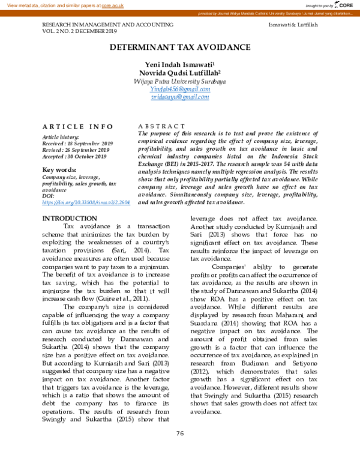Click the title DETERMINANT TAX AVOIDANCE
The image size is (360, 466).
click(180, 47)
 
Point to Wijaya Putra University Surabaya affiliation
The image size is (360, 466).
click(180, 80)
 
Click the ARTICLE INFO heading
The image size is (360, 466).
click(77, 126)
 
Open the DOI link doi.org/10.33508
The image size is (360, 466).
click(86, 204)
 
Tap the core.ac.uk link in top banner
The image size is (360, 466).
click(112, 5)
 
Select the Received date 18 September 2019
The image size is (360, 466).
click(77, 144)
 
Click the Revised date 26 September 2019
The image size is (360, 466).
click(76, 150)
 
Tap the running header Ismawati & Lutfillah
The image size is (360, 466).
click(293, 25)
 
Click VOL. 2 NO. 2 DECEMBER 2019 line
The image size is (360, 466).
click(79, 31)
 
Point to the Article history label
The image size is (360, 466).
click(61, 138)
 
